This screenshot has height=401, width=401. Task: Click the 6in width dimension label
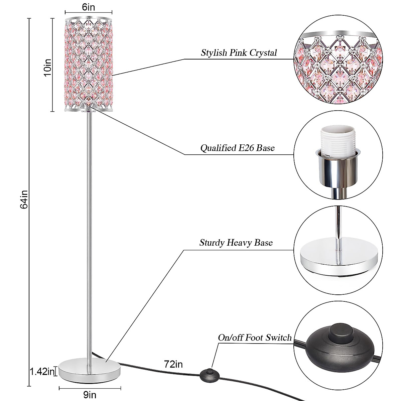point(89,7)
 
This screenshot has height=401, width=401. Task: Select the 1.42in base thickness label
point(42,371)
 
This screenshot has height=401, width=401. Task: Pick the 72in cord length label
point(173,364)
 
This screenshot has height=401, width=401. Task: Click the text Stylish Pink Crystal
point(239,53)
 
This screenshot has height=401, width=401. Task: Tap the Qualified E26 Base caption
point(237,148)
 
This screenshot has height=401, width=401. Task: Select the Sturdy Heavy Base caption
point(236,243)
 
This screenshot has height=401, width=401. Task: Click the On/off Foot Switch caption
point(255,338)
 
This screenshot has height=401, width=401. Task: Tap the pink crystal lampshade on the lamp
point(89,63)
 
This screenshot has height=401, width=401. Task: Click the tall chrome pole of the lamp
point(90,234)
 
